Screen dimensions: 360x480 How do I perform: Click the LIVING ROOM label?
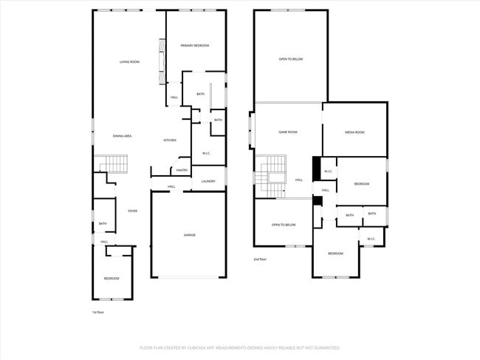point(129,62)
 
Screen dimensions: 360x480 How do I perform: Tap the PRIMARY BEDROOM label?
point(195,46)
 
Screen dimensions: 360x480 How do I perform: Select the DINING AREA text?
point(122,136)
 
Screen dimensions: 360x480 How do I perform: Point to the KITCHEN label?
point(169,140)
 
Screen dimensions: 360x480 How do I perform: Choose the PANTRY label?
point(181,171)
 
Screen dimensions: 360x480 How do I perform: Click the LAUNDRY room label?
point(208,181)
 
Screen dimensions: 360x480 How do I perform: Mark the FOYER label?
point(132,211)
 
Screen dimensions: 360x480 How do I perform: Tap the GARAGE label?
point(190,235)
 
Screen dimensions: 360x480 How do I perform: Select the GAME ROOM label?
point(287,132)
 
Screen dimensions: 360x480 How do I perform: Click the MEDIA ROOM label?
point(354,132)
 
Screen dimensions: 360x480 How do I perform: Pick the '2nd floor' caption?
point(260,259)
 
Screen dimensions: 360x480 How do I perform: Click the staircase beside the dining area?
point(111,163)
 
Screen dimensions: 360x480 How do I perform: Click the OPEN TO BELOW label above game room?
point(290,59)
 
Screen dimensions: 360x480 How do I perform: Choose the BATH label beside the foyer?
point(103,224)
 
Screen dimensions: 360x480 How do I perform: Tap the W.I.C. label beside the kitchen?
point(207,154)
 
